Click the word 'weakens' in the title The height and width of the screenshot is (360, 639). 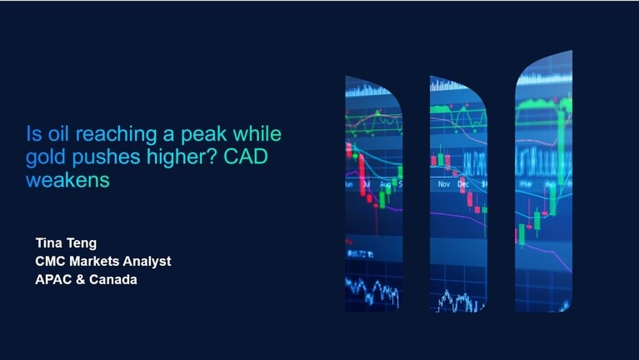tap(68, 180)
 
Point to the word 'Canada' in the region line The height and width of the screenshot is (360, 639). tap(114, 280)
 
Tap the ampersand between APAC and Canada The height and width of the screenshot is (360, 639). tap(82, 280)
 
